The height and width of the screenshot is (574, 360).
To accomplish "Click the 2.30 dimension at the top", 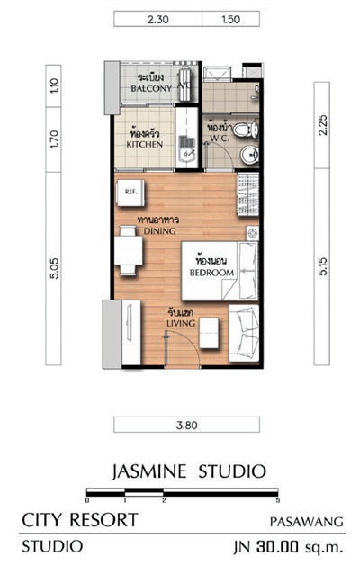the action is point(157,20).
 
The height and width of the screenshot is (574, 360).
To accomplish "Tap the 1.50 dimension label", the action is point(230,20).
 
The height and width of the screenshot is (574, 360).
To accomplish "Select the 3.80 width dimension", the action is point(187,425).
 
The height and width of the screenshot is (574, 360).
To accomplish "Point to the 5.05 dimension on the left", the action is point(54,268).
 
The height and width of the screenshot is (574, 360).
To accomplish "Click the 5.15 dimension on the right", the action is point(323,266).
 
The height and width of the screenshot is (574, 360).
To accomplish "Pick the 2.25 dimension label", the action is point(323,125).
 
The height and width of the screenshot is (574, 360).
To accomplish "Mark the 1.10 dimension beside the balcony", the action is point(54,86).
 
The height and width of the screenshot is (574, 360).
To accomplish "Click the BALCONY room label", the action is point(151,88).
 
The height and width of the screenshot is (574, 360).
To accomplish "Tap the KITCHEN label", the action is point(145,144).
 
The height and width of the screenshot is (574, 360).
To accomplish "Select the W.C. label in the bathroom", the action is point(220,139).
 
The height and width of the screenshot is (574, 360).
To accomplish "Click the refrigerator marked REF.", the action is point(130,192).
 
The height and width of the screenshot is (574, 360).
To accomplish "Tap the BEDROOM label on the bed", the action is point(211,273).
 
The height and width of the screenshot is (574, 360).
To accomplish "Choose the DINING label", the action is point(159,231).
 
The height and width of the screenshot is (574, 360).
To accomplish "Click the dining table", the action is point(128,250).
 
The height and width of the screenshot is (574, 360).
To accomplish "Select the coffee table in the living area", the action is point(210,333).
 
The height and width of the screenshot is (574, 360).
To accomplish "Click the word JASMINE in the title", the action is point(149,471).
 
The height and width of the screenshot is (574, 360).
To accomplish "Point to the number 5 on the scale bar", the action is point(277,500).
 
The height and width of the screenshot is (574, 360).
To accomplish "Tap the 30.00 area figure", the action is point(277,547).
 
